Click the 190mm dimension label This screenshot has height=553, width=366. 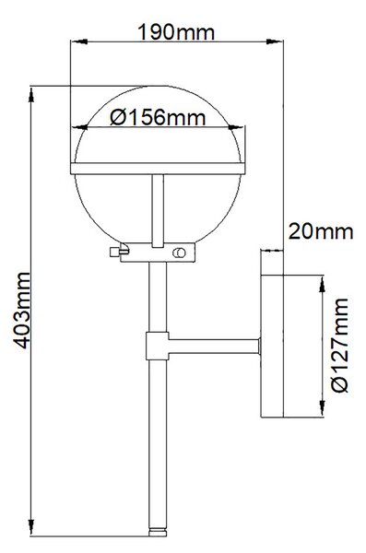[175, 32]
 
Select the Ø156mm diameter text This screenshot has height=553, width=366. [158, 117]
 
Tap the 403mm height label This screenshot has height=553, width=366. [21, 310]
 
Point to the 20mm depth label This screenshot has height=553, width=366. [321, 231]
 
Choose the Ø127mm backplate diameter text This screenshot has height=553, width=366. [340, 346]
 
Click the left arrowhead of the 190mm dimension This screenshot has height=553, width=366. [78, 41]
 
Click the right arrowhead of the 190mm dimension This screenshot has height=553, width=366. [275, 41]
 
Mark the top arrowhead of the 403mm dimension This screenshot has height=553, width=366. [31, 95]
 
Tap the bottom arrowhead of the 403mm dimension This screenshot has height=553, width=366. [31, 527]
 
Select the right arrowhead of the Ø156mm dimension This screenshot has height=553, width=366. [236, 127]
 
